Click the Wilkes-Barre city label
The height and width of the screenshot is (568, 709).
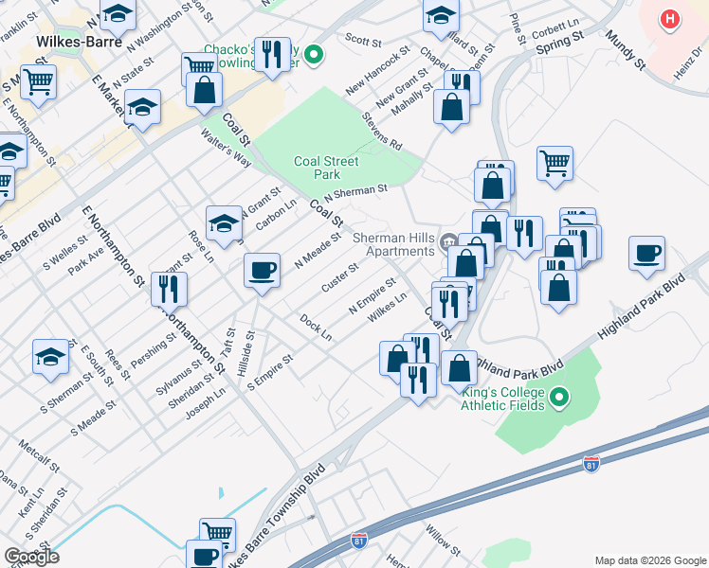coord(72,42)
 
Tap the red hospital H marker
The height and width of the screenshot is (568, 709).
coord(670,19)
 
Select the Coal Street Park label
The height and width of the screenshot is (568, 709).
coord(327,168)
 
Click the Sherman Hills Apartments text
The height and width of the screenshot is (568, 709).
coord(393,244)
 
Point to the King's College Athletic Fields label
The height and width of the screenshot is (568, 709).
coord(502,399)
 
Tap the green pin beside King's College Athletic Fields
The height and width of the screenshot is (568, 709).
coord(559,398)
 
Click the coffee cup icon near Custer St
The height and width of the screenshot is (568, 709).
coord(262,271)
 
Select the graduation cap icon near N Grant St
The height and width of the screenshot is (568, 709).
coord(224,223)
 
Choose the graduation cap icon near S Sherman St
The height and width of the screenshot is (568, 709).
coord(51,357)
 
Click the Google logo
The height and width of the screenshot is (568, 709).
coord(31,557)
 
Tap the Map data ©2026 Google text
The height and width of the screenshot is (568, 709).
coord(650,560)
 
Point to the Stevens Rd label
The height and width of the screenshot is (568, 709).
coord(382,133)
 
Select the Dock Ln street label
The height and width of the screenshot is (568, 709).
coord(316,328)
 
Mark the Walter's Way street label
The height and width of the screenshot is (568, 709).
coord(226,148)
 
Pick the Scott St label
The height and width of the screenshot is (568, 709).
coord(362,40)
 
